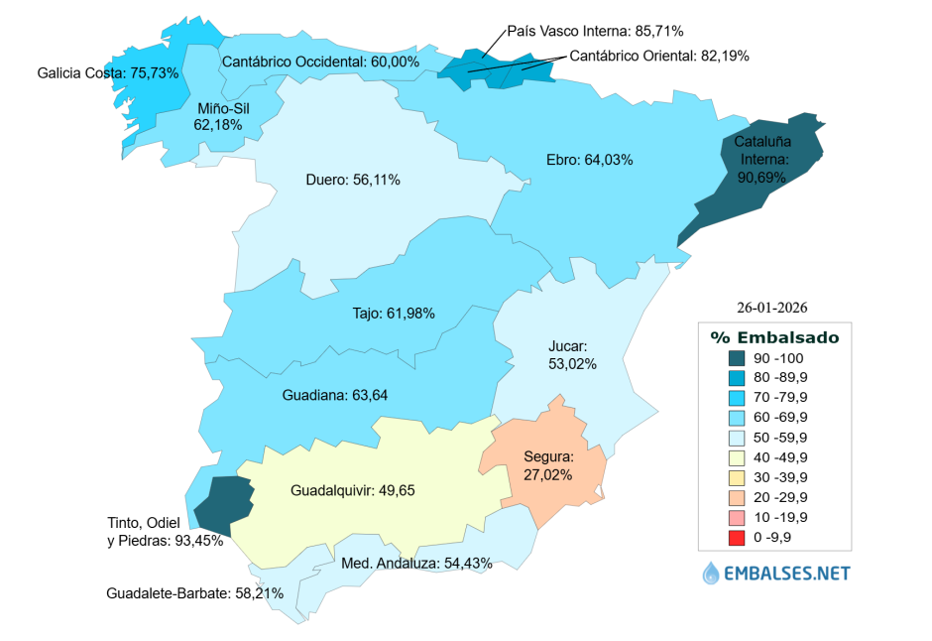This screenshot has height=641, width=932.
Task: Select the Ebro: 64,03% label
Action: (x=589, y=160)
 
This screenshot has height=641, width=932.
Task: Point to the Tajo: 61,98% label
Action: (x=394, y=314)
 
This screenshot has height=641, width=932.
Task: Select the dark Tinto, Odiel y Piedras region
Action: (x=222, y=502)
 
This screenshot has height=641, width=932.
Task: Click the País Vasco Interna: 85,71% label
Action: (x=595, y=31)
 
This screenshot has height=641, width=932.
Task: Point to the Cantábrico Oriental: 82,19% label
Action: (x=659, y=56)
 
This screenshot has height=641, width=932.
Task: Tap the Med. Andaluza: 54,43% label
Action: (x=416, y=563)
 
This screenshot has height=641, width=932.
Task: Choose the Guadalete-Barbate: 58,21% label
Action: (x=195, y=593)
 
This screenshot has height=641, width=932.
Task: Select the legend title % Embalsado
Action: (x=774, y=337)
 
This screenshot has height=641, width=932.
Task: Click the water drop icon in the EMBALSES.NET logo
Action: (x=711, y=573)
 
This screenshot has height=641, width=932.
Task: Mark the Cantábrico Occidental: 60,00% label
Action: (x=320, y=62)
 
